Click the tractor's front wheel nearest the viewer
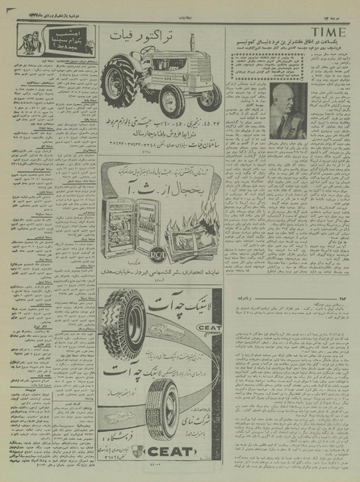[x=173, y=102]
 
